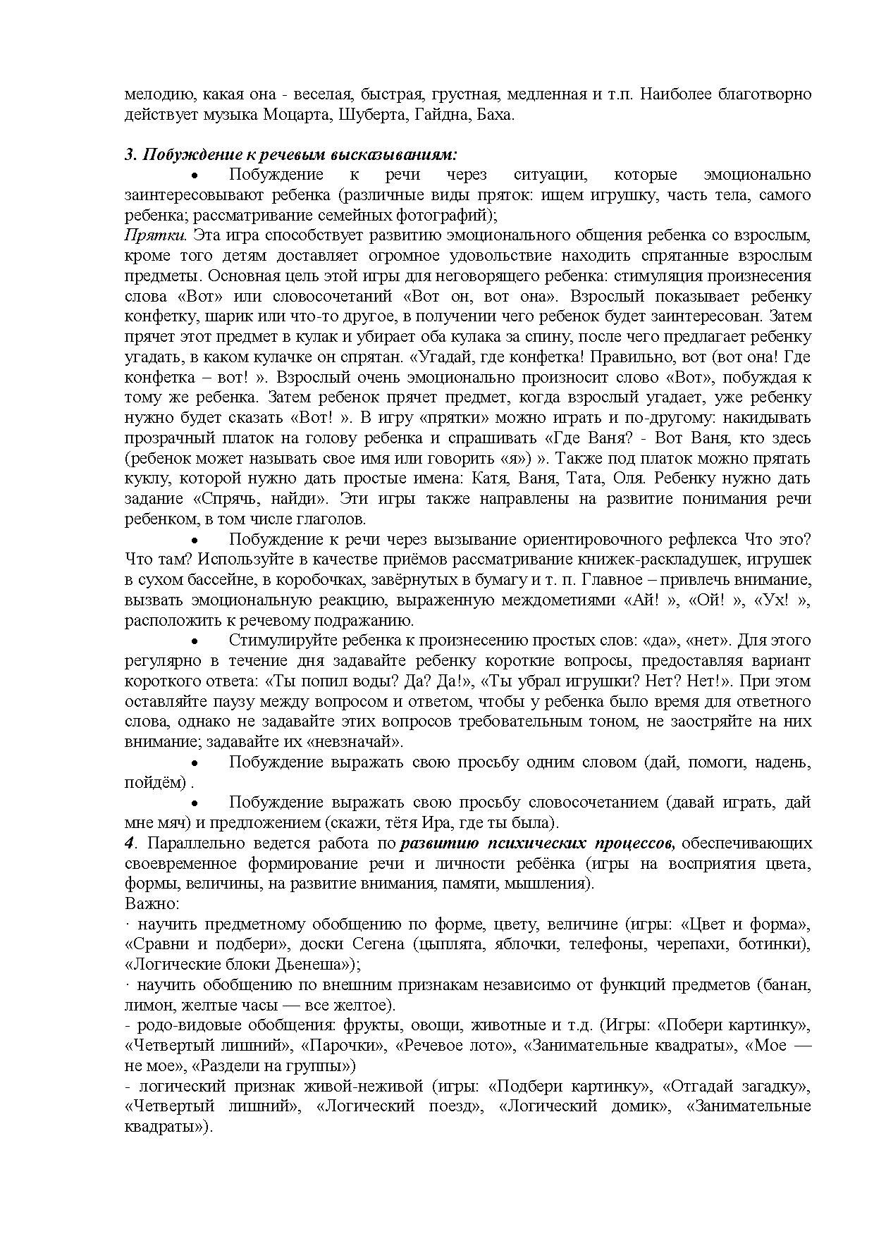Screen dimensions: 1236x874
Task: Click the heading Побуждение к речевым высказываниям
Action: tap(292, 154)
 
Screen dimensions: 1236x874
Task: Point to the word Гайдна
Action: tap(440, 114)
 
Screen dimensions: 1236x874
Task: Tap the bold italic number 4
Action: tap(129, 843)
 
